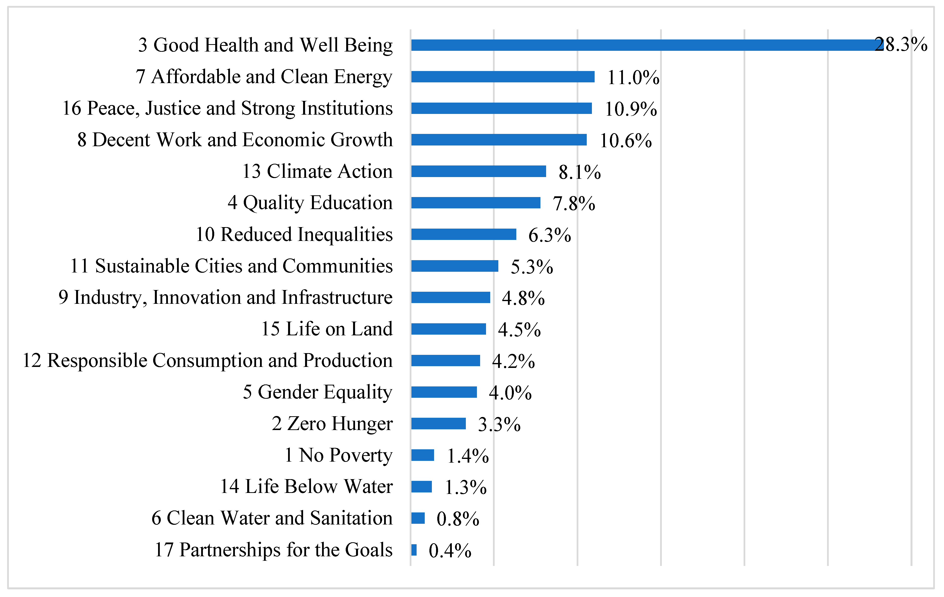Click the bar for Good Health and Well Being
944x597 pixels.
[x=643, y=45]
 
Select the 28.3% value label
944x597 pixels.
[x=901, y=45]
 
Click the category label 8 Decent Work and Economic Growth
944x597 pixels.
[x=235, y=140]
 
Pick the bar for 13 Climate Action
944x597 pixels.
[x=478, y=172]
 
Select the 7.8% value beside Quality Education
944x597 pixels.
[x=574, y=204]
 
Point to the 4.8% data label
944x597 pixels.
[x=523, y=298]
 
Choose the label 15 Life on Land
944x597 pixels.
[x=326, y=329]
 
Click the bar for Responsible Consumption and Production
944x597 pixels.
[x=446, y=361]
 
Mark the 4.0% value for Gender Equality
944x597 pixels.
[x=510, y=393]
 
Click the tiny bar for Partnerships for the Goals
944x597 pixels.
[x=414, y=550]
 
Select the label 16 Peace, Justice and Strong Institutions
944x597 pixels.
[x=227, y=108]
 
